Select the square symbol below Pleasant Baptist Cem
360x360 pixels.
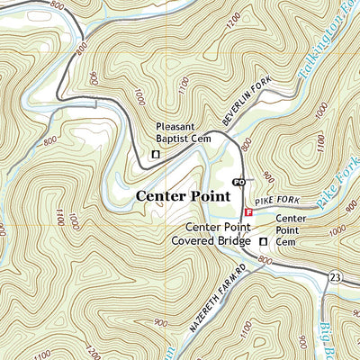(x=155, y=155)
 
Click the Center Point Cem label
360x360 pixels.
(x=291, y=229)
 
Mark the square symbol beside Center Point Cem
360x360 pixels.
(x=264, y=243)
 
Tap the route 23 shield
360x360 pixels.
(x=335, y=275)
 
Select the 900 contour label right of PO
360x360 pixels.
(x=267, y=180)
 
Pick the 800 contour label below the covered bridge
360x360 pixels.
(x=264, y=260)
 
